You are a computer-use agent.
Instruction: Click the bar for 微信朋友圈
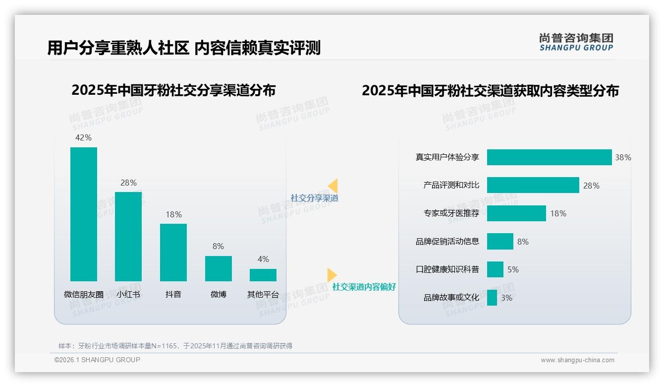[x=84, y=214]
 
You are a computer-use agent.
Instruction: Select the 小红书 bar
[x=128, y=236]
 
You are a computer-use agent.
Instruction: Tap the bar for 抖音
[x=173, y=252]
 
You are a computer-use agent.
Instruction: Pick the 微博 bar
[x=218, y=268]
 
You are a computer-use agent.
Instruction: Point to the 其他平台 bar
[x=263, y=275]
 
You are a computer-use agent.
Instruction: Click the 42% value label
[x=83, y=138]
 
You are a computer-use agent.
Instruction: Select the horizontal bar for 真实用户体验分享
[x=549, y=157]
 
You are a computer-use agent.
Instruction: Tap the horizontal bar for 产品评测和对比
[x=533, y=185]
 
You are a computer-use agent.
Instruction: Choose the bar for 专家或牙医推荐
[x=516, y=213]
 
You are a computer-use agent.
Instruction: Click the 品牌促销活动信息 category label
[x=447, y=242]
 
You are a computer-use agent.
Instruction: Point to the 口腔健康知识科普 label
[x=447, y=269]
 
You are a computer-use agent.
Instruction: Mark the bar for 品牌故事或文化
[x=492, y=298]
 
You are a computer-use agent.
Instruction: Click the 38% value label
[x=623, y=158]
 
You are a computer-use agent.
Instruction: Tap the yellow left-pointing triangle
[x=333, y=186]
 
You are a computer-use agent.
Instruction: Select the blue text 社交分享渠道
[x=315, y=198]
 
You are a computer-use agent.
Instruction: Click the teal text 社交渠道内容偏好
[x=364, y=287]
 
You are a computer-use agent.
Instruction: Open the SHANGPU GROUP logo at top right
[x=576, y=42]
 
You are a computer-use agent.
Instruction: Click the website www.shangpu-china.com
[x=577, y=360]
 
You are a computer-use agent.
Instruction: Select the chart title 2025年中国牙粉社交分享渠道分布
[x=173, y=90]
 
